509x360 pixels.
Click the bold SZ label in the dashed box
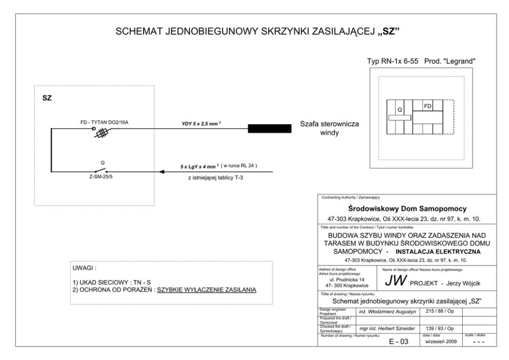(x=47, y=97)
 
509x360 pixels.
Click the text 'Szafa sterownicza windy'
(x=330, y=129)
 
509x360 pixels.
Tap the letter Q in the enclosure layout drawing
(x=400, y=109)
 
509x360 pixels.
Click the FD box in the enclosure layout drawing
(x=427, y=106)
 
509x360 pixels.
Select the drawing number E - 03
(x=397, y=341)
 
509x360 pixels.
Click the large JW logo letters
(x=396, y=280)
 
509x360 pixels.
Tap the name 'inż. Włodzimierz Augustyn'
(x=386, y=311)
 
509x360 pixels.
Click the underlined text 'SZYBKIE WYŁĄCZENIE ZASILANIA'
(x=206, y=290)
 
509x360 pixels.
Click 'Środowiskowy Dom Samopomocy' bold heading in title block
(x=406, y=209)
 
